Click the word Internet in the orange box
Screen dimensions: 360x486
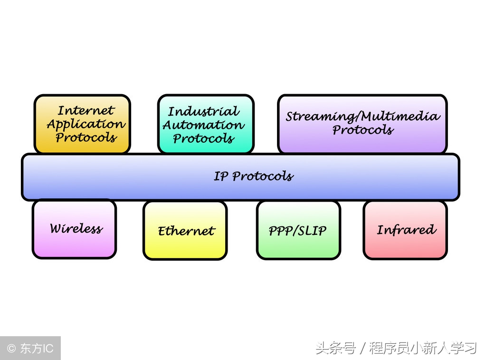coord(86,111)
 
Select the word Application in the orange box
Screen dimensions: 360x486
coord(86,125)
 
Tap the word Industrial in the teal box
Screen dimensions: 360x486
coord(204,112)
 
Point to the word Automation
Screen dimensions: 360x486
coord(204,126)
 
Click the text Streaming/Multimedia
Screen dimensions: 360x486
coord(363,117)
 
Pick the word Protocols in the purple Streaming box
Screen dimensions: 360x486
coord(363,130)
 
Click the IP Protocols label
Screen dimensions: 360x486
coord(253,176)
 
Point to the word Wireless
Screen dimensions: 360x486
coord(76,229)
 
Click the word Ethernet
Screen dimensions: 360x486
coord(186,231)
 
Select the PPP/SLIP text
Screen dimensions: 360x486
coord(298,231)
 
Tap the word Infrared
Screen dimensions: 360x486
coord(406,230)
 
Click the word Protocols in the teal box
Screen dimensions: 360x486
coord(204,139)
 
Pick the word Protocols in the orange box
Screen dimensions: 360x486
coord(86,138)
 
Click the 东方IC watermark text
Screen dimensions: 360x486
coord(37,349)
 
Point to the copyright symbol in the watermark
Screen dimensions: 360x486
coord(11,349)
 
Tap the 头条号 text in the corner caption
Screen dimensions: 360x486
coord(335,349)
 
